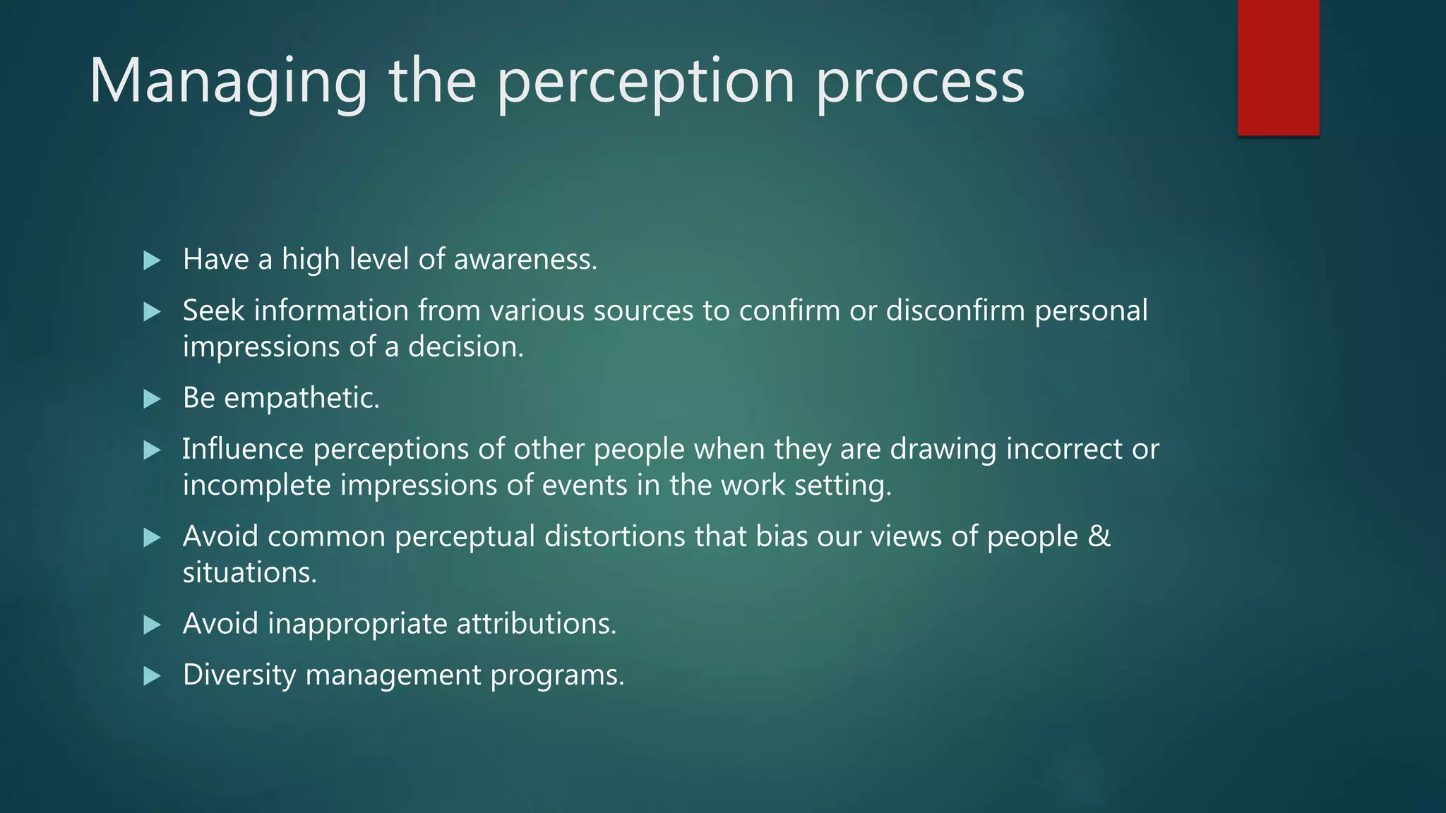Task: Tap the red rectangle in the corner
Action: [x=1278, y=68]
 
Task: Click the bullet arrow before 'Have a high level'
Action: [x=152, y=260]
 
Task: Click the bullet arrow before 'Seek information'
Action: [x=152, y=312]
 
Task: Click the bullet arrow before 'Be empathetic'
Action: [x=152, y=399]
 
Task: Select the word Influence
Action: [x=243, y=450]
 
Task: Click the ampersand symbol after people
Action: [x=1099, y=536]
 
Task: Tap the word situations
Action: [x=249, y=573]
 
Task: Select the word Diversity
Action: [x=239, y=675]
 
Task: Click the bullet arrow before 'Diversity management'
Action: [x=152, y=677]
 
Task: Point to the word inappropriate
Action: [x=357, y=625]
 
